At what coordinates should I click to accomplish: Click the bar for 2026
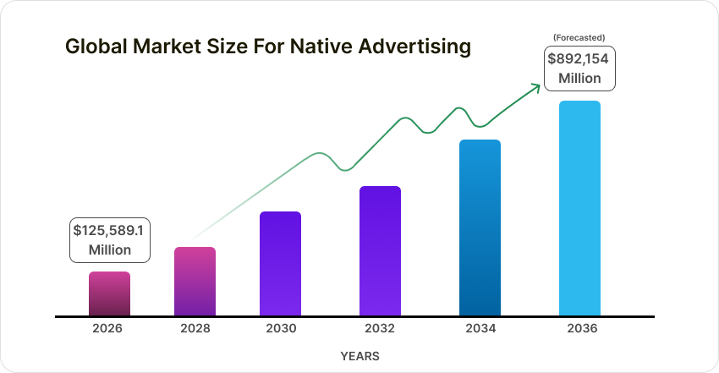pos(110,293)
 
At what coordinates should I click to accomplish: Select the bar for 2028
pos(195,282)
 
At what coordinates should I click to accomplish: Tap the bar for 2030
pos(280,264)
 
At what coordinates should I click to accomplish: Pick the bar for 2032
pos(380,251)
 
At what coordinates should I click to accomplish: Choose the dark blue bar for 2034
pos(480,228)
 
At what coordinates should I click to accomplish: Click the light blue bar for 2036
pos(579,208)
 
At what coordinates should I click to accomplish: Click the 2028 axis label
pos(195,327)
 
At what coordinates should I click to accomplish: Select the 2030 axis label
pos(281,327)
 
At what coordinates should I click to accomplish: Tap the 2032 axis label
pos(381,327)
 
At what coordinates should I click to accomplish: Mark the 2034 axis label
pos(480,327)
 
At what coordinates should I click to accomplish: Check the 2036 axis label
pos(580,327)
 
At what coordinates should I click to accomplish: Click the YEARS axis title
pos(359,356)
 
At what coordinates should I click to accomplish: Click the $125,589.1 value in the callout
pos(110,230)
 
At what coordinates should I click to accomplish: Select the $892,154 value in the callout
pos(579,59)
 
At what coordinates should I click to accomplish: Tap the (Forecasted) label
pos(579,37)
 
